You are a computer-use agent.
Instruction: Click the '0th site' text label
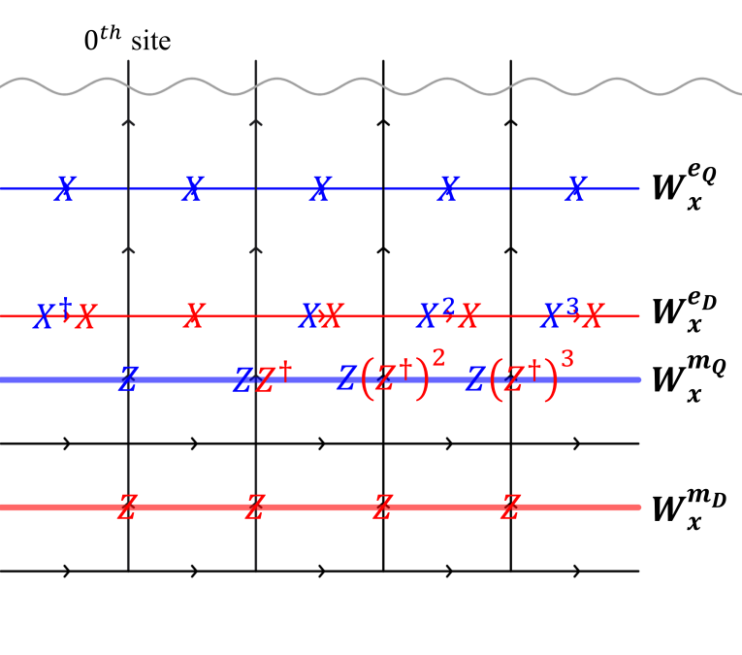coord(127,42)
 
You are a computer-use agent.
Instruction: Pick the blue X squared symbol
coord(436,314)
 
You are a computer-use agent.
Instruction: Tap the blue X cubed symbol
coord(560,314)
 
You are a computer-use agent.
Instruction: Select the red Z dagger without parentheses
coord(274,377)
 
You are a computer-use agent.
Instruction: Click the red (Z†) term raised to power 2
coord(403,377)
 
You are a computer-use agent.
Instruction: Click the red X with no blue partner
coord(194,315)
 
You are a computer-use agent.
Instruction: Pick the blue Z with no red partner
coord(127,379)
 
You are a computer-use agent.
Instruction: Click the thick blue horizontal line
coord(601,379)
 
